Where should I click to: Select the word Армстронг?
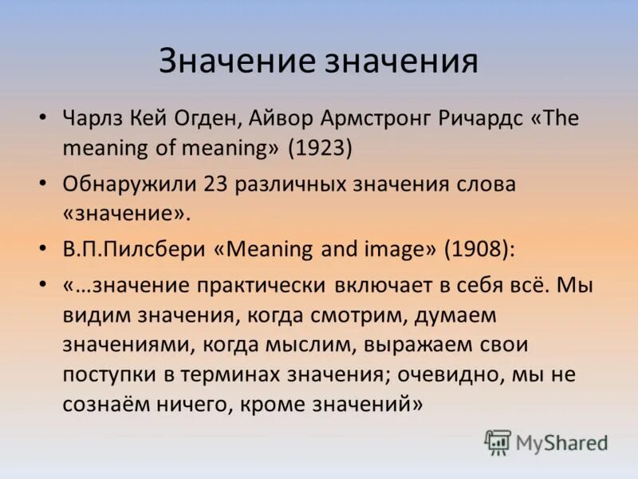click(376, 119)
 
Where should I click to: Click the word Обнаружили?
click(127, 184)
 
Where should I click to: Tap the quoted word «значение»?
click(127, 213)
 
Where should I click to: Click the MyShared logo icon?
click(498, 441)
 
